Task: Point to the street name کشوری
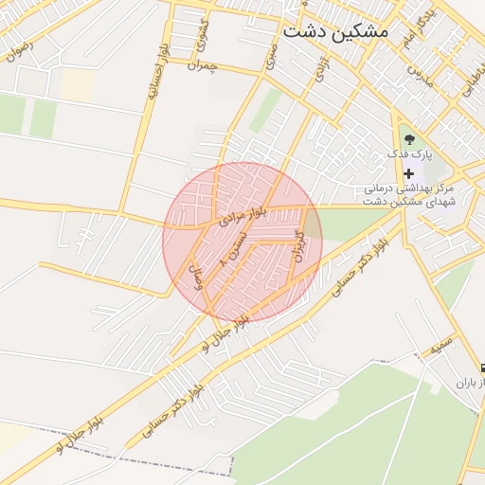point(201,37)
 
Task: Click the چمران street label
point(203,65)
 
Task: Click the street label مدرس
point(422,72)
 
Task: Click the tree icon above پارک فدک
point(409,138)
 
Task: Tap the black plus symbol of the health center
point(409,174)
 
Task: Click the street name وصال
point(199,277)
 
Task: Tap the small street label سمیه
point(439,349)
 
